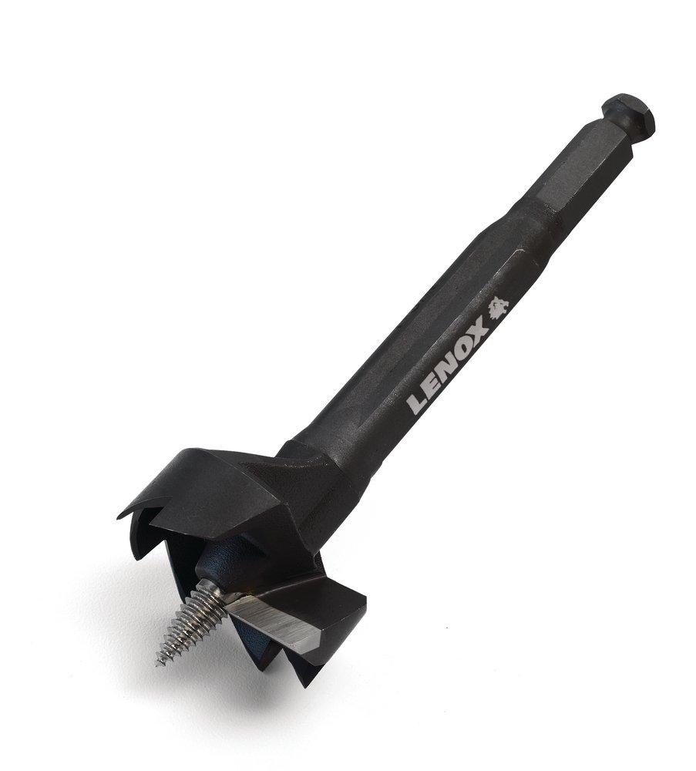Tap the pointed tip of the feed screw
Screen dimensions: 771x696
click(x=160, y=662)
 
